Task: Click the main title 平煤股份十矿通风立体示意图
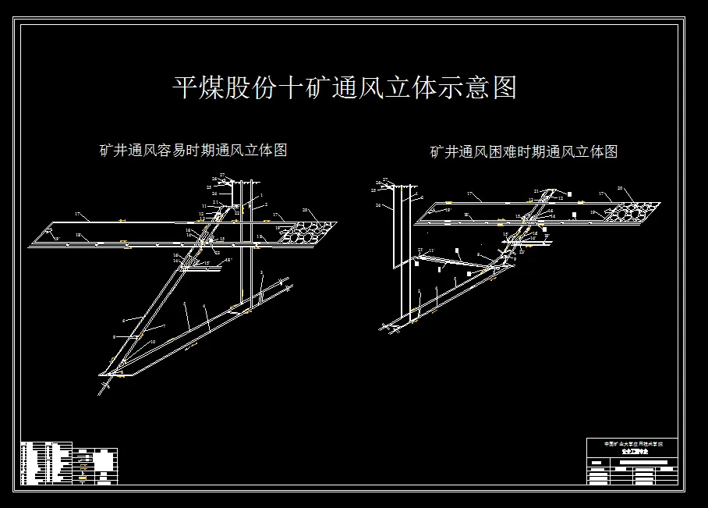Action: (345, 87)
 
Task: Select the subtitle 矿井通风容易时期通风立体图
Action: (193, 150)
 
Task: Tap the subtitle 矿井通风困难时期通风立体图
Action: (523, 152)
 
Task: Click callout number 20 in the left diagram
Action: (306, 210)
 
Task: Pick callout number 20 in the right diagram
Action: (621, 188)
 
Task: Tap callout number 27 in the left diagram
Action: (222, 176)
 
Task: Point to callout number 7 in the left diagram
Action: (165, 325)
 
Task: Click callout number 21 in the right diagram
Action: (536, 191)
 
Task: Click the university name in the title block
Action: (632, 443)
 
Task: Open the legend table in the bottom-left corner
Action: (69, 464)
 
